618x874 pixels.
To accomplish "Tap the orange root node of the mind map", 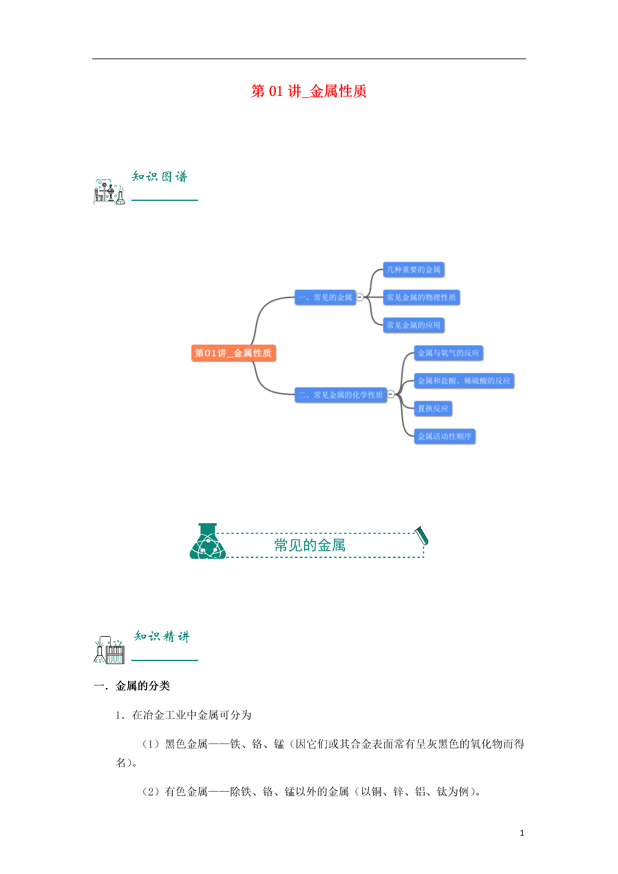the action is (233, 353).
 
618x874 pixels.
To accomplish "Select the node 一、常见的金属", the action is (325, 297).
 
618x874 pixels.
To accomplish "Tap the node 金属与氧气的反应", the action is (449, 353).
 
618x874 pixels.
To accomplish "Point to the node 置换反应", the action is (433, 408).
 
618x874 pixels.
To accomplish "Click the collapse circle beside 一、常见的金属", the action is (359, 297).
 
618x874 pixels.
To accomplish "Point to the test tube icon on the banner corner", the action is (422, 535).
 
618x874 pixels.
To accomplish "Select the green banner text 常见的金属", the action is (310, 545).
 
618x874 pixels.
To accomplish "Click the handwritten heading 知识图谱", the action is (160, 176).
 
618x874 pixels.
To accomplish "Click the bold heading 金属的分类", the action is (142, 686).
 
